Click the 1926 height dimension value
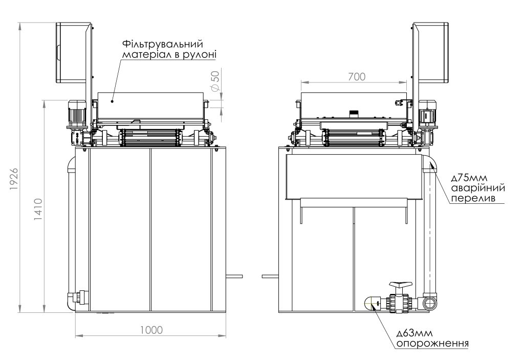pos(14,179)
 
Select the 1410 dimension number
pos(38,209)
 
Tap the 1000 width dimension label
pos(151,330)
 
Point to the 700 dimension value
pos(357,77)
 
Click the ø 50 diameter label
pos(215,81)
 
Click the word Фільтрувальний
pos(163,44)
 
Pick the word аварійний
pos(478,188)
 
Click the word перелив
pos(473,198)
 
